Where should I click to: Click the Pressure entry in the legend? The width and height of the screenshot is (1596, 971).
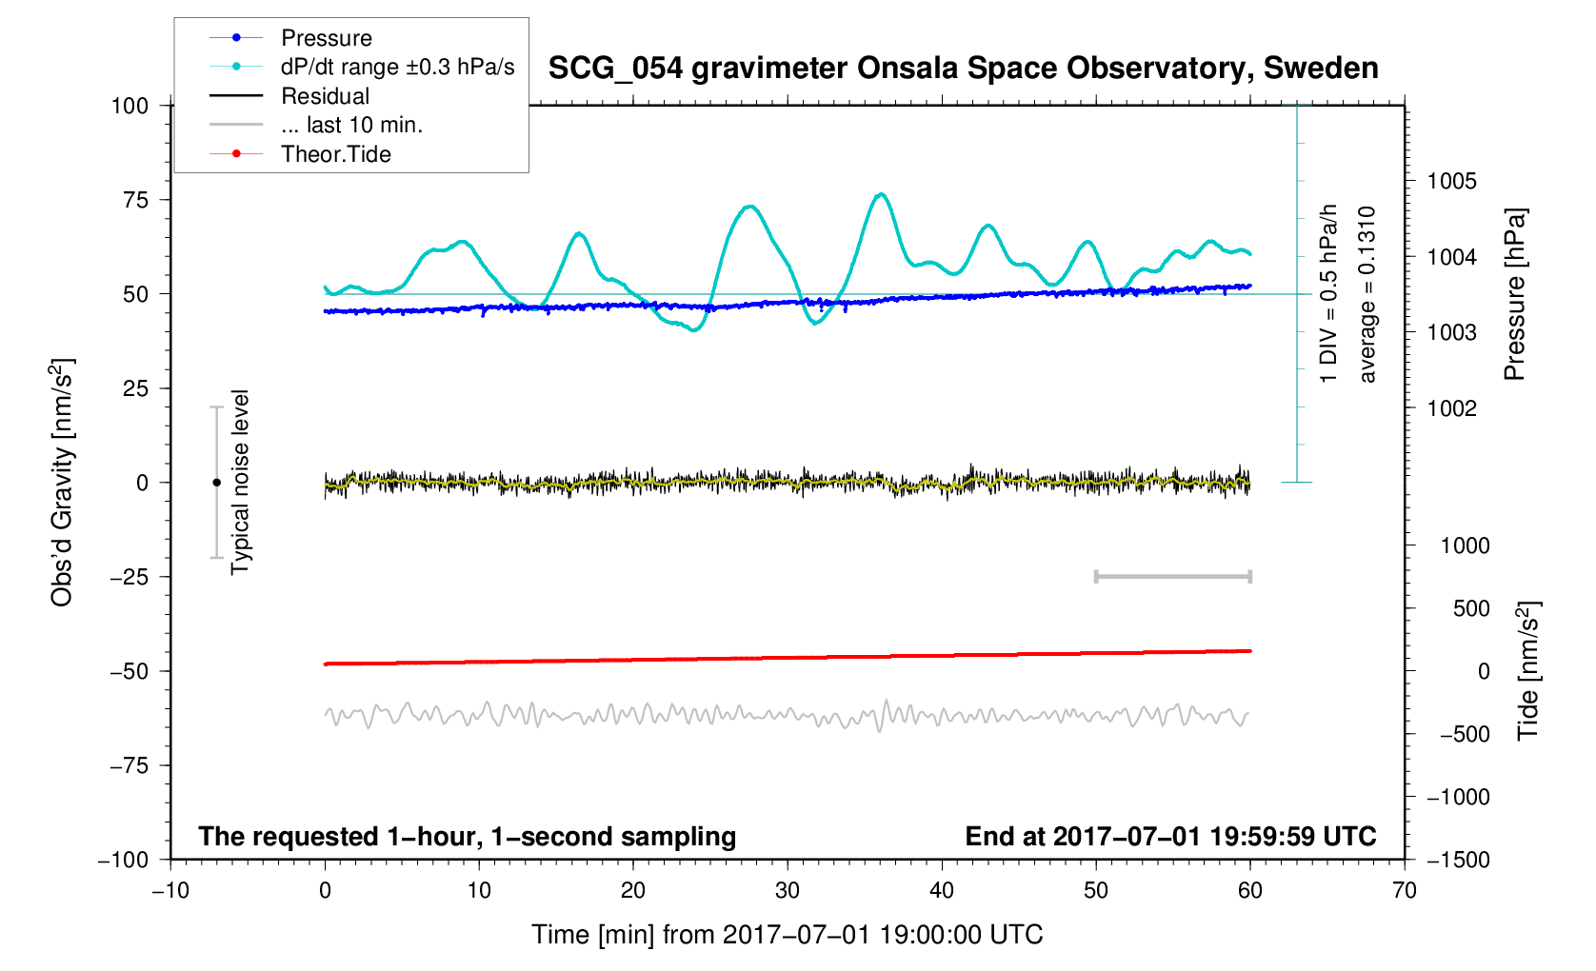(326, 38)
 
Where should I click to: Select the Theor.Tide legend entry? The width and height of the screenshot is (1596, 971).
(335, 154)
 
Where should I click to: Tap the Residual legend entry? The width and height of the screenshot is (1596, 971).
(325, 96)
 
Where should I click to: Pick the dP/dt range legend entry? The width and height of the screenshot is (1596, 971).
(397, 67)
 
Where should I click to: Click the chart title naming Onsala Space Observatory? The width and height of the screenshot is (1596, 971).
(963, 69)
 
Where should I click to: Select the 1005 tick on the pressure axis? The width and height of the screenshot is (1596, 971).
(1451, 181)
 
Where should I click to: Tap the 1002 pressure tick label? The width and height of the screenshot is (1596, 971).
(1451, 408)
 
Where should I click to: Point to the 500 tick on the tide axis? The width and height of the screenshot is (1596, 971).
(1470, 608)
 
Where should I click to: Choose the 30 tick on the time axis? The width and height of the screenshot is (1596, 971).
(788, 891)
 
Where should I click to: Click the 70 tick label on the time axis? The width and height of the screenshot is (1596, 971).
(1404, 891)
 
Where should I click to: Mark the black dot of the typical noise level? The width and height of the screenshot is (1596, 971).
(216, 483)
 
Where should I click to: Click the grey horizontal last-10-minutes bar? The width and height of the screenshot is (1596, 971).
(1172, 576)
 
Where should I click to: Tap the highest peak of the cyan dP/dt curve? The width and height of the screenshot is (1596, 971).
(882, 194)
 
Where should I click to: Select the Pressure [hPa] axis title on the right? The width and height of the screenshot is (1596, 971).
(1514, 295)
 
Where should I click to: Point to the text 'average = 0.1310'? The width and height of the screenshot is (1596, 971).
(1367, 295)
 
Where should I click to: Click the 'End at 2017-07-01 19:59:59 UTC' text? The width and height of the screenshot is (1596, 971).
(1170, 837)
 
